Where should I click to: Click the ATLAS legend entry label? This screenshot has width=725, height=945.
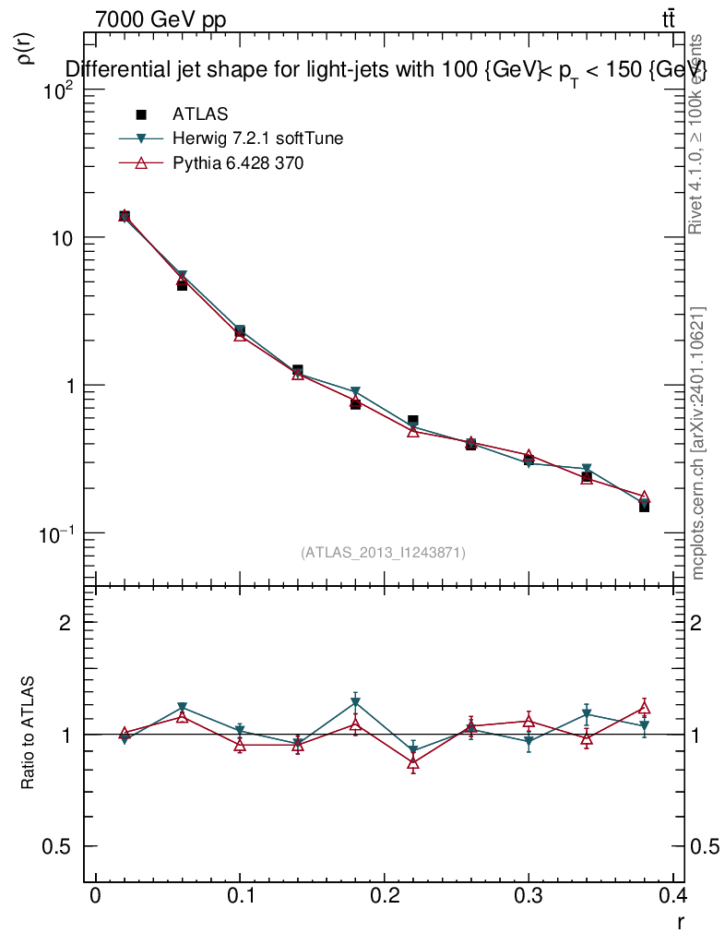point(200,114)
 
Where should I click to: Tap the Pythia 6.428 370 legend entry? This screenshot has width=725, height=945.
point(237,163)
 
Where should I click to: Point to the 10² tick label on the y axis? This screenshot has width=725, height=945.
point(58,90)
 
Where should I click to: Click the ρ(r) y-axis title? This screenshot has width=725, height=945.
point(27,49)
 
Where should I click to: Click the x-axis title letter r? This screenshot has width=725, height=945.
point(680,921)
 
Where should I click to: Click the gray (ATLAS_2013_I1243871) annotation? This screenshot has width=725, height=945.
point(383,552)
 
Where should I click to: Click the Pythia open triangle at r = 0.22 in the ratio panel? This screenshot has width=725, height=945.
point(413,763)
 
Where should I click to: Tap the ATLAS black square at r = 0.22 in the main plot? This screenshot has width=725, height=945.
point(413,421)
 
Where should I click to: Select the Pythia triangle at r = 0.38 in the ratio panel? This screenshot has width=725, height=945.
point(645,708)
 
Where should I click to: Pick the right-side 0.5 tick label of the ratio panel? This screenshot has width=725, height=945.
point(706,846)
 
